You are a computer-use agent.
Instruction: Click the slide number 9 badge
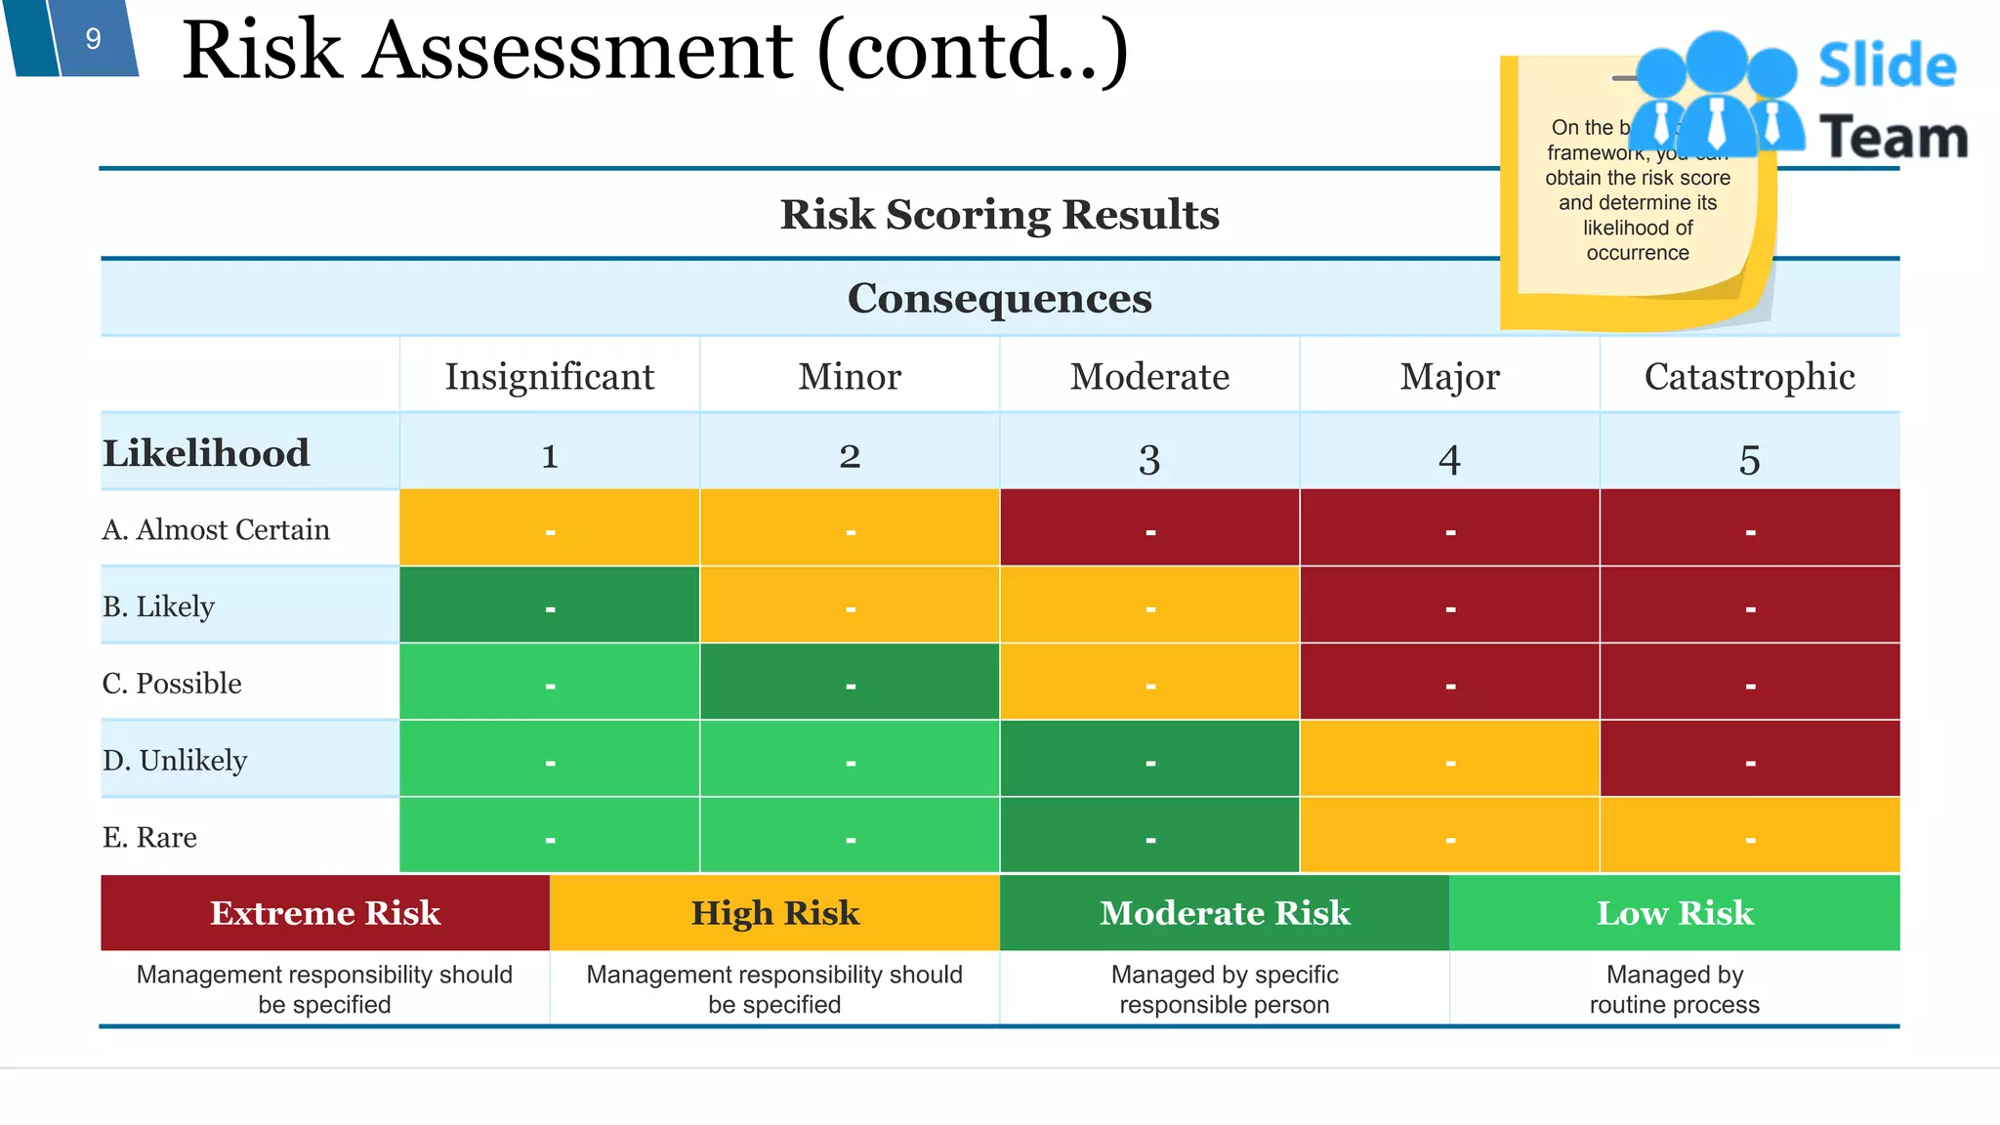tap(93, 39)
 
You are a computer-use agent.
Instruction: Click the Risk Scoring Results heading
tap(998, 214)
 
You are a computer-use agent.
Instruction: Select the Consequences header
tap(998, 298)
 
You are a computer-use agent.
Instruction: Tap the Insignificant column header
tap(549, 376)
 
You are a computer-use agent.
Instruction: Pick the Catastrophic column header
tap(1749, 376)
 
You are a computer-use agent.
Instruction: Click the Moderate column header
tap(1148, 376)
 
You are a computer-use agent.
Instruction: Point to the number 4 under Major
tap(1449, 458)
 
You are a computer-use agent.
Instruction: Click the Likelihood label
tap(206, 453)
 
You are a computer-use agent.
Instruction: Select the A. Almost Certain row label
tap(216, 529)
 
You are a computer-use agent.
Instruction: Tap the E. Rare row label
tap(149, 837)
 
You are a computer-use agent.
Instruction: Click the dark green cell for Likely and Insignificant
tap(549, 605)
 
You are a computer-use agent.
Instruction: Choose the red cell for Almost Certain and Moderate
tap(1149, 527)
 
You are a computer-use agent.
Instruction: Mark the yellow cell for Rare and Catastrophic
tap(1749, 835)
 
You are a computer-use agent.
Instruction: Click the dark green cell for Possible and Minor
tap(850, 682)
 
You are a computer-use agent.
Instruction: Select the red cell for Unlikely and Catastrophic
tap(1749, 759)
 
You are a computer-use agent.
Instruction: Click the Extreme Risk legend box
tap(324, 912)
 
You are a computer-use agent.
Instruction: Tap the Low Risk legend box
tap(1674, 912)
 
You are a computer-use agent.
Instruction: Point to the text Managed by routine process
tap(1674, 989)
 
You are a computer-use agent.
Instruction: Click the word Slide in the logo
tap(1887, 66)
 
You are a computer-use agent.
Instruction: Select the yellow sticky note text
tap(1637, 202)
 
